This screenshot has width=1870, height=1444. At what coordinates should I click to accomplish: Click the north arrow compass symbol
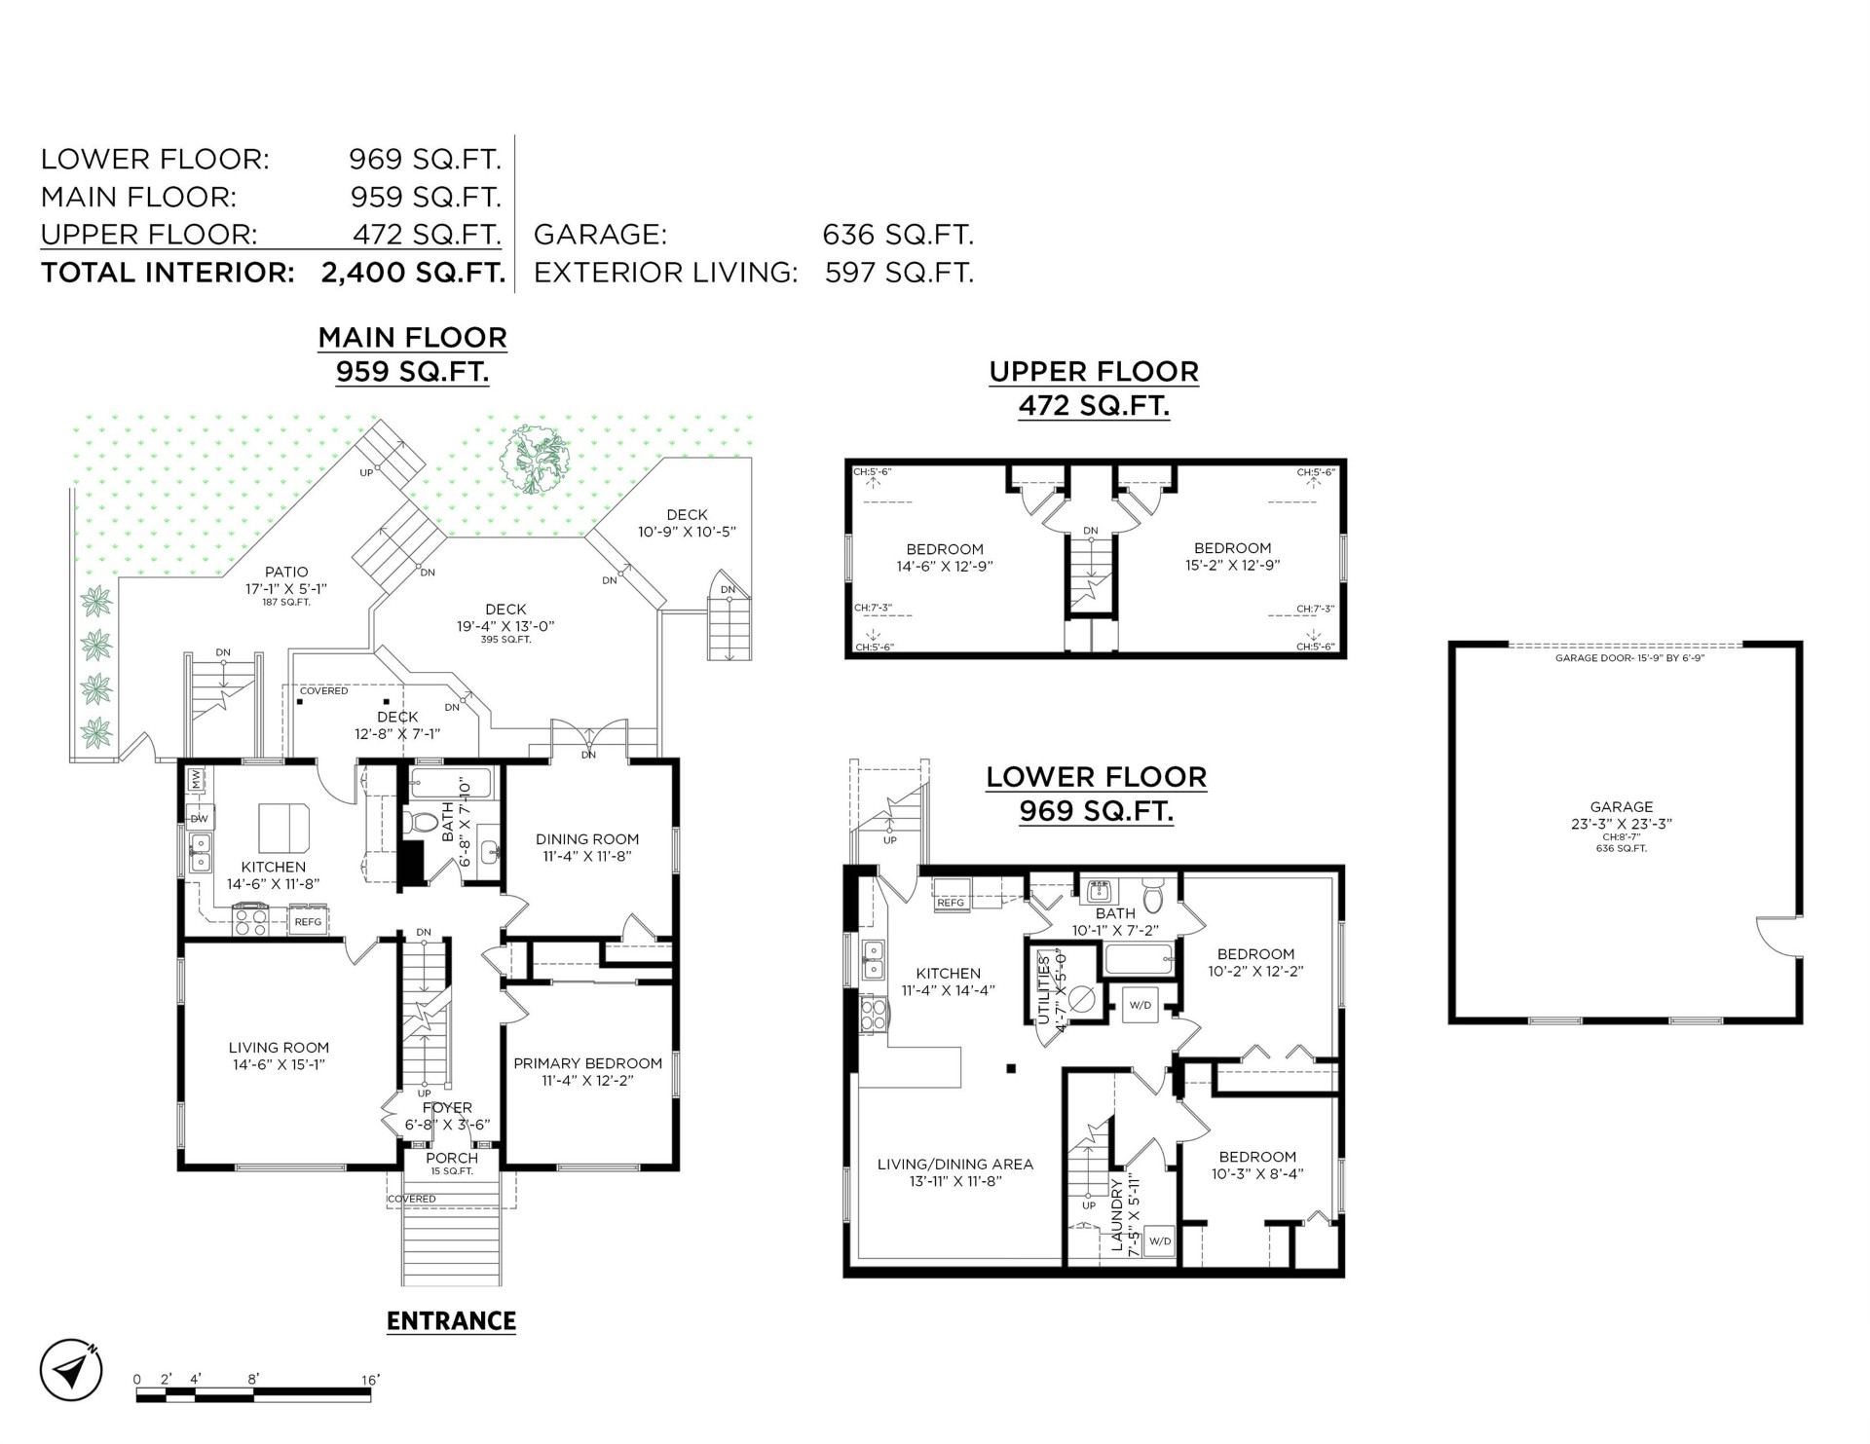click(71, 1372)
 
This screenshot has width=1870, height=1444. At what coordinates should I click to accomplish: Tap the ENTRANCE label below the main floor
click(451, 1321)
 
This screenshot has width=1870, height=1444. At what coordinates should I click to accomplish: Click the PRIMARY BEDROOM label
click(588, 1063)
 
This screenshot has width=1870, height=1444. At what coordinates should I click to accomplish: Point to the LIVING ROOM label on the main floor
click(279, 1048)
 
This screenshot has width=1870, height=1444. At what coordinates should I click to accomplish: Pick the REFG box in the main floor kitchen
click(308, 921)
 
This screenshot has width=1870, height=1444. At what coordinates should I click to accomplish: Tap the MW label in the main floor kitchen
click(196, 779)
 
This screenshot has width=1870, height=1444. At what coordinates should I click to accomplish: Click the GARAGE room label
click(1622, 806)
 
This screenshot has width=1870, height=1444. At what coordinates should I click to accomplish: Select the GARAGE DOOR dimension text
click(1629, 658)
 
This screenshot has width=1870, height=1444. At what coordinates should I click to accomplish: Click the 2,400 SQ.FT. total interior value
click(413, 273)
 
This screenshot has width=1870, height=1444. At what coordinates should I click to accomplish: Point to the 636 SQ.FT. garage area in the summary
click(898, 235)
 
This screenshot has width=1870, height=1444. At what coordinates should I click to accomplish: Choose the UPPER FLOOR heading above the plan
click(1094, 371)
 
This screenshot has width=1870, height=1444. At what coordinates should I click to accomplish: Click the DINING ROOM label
click(587, 838)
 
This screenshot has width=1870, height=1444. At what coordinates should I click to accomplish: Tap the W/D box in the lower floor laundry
click(1160, 1241)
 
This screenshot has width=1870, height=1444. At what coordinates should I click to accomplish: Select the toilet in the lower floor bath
click(1153, 896)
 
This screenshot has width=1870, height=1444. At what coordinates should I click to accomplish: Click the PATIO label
click(286, 573)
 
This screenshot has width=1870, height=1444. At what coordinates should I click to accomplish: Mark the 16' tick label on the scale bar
click(370, 1380)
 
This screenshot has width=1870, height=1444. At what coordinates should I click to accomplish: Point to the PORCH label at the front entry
click(453, 1158)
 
